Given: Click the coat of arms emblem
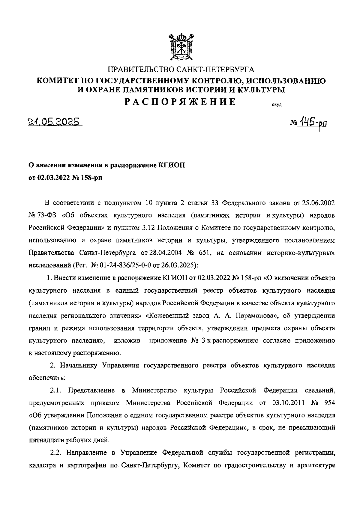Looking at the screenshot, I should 180,45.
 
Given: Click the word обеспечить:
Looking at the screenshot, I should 45,378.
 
